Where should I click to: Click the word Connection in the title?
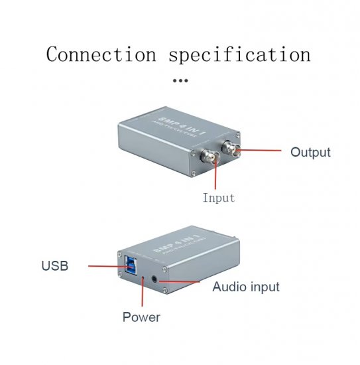(x=101, y=54)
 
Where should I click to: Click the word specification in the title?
(x=239, y=54)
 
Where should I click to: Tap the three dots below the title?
(x=180, y=80)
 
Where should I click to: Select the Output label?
(x=310, y=152)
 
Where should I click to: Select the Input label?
(x=219, y=198)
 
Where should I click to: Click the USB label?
(x=55, y=266)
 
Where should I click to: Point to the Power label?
(x=141, y=317)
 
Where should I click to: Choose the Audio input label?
(x=246, y=287)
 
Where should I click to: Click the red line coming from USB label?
(x=99, y=265)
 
